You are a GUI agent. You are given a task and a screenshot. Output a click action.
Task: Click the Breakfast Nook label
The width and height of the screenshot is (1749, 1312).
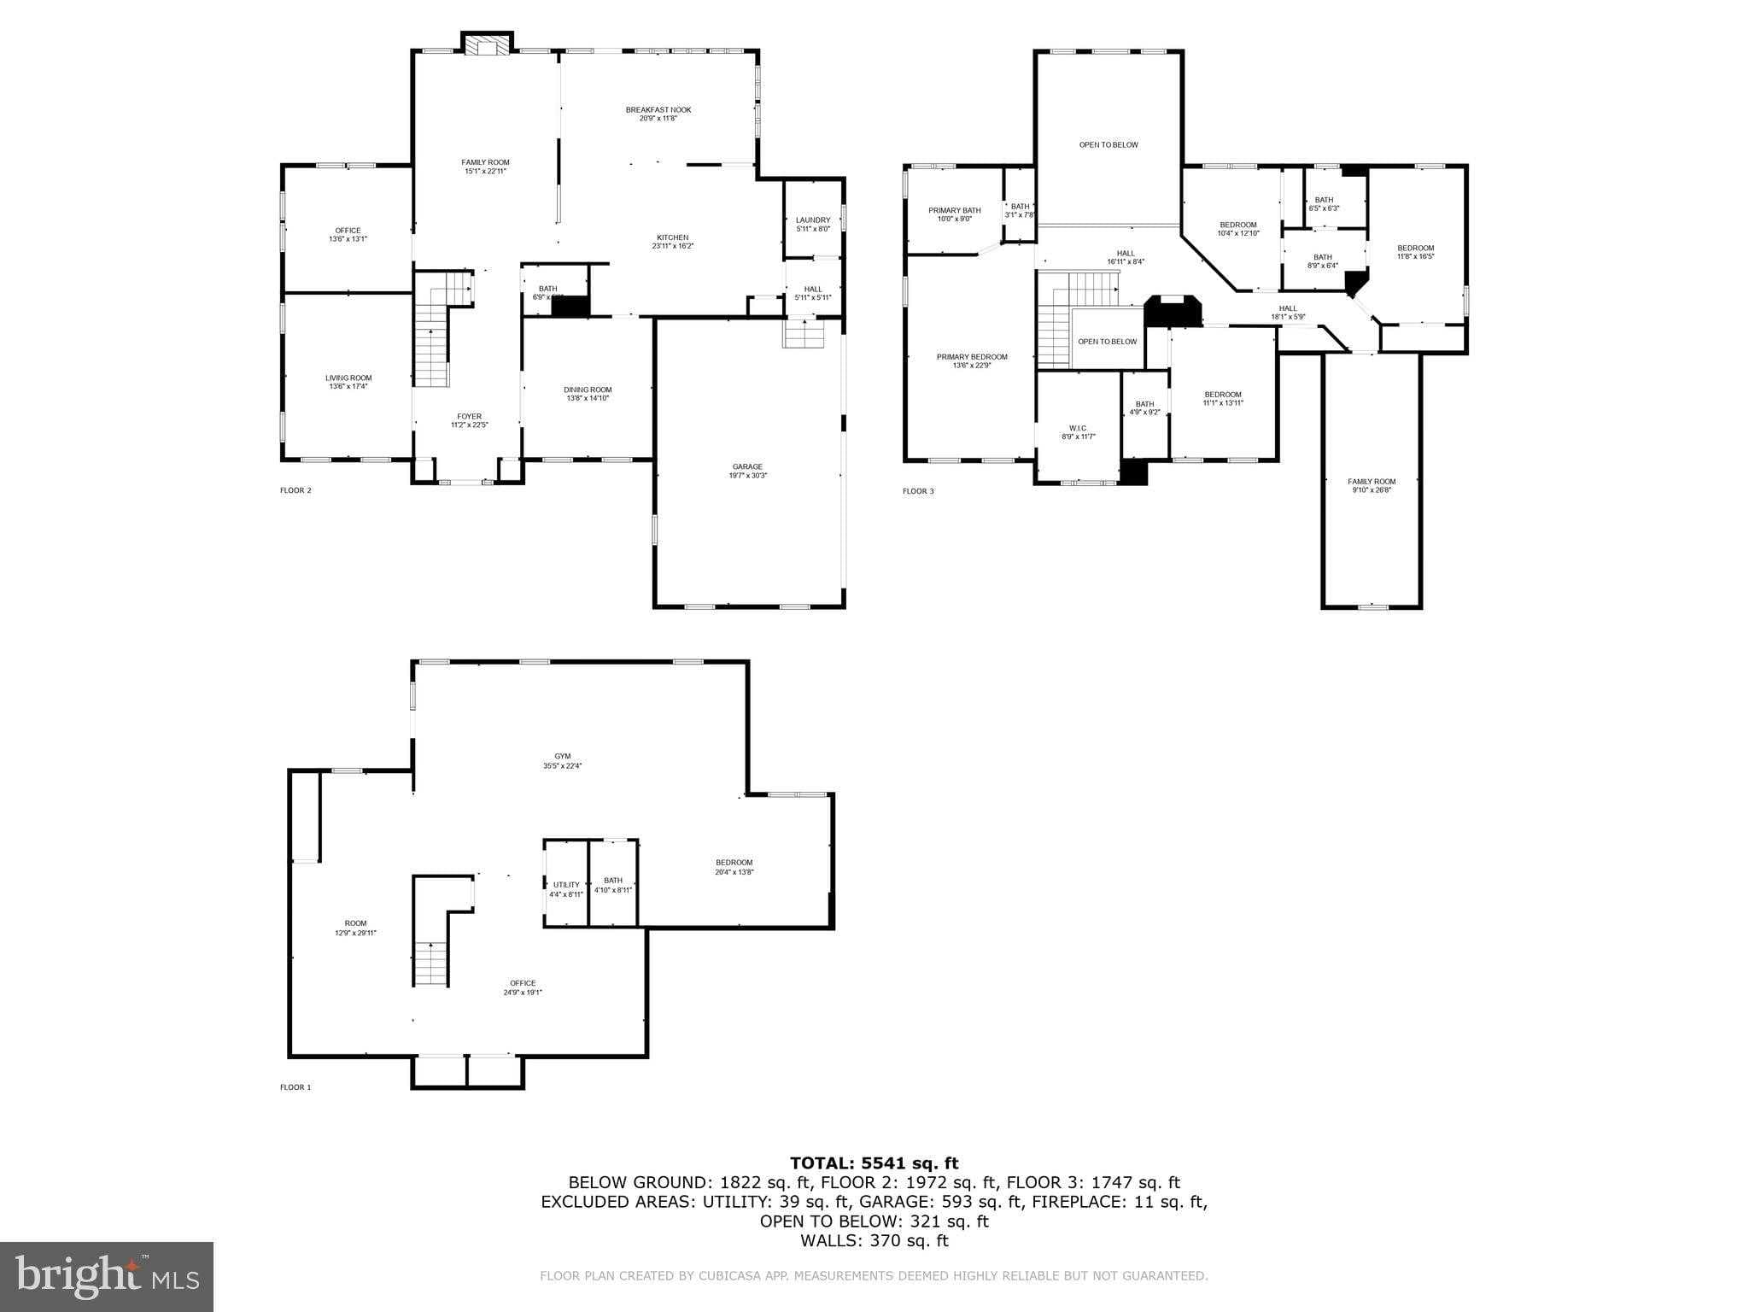click(658, 114)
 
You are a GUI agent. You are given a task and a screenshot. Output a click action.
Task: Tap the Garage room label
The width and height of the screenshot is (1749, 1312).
click(747, 471)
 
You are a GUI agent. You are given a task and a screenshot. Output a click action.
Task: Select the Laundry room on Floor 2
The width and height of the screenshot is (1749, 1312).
click(812, 224)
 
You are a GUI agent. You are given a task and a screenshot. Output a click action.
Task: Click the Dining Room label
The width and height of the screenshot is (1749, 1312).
click(588, 394)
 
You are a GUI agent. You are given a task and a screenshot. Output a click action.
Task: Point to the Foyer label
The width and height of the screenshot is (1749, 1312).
click(469, 420)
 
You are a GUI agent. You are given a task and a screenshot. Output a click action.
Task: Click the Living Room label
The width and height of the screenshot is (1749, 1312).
click(348, 382)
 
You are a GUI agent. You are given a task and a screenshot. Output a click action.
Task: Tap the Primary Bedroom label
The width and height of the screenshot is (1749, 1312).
click(971, 360)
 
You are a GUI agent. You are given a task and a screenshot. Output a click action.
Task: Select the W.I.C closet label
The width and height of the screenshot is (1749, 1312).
click(1078, 432)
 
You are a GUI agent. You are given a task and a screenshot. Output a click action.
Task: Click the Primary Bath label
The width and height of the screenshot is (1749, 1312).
click(954, 214)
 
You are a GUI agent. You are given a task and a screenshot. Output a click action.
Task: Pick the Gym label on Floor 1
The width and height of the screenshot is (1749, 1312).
click(562, 760)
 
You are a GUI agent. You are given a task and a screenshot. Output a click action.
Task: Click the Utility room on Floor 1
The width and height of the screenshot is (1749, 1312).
click(565, 888)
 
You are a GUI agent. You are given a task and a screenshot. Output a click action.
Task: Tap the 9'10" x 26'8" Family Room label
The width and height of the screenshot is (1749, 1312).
click(1372, 485)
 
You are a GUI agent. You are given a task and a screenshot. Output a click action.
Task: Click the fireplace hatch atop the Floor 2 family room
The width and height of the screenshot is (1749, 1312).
click(487, 46)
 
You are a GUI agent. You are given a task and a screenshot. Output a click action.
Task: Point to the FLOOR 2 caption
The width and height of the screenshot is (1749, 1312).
click(295, 490)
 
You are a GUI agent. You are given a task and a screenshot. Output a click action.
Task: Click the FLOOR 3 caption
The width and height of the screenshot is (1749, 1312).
click(918, 491)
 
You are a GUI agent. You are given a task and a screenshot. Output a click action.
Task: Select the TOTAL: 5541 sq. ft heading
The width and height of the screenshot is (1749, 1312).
click(874, 1163)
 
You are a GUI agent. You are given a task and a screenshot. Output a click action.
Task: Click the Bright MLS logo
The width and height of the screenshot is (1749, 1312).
click(107, 1276)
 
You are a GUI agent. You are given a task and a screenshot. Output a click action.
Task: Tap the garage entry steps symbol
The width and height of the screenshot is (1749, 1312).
click(804, 333)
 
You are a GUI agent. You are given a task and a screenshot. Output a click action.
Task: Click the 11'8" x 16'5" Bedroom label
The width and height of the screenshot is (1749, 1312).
click(1415, 252)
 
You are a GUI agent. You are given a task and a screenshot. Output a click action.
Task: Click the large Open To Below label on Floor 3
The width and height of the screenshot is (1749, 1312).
click(1108, 145)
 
